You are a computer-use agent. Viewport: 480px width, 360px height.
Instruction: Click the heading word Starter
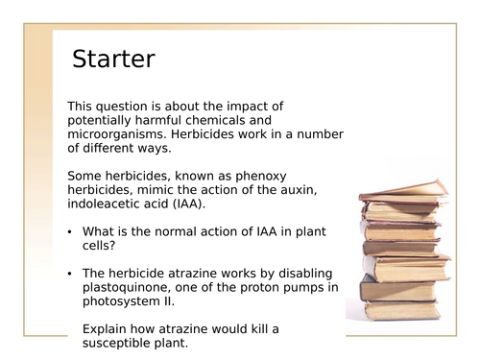(113, 60)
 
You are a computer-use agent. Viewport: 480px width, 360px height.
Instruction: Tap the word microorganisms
(115, 135)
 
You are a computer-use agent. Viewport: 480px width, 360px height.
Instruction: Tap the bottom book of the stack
(403, 310)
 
